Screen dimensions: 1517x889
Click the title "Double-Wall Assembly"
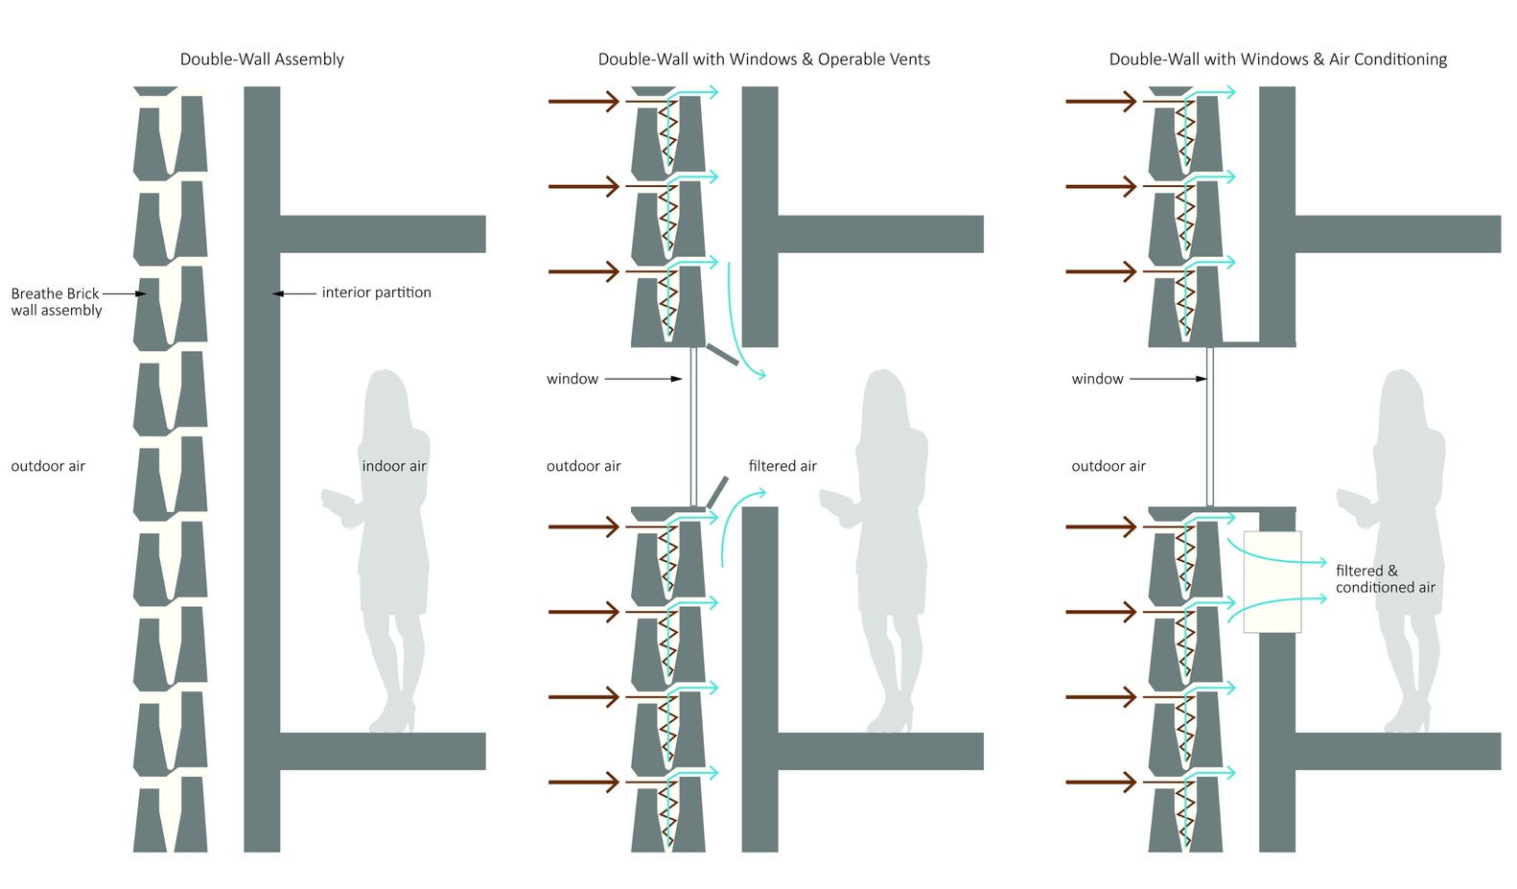click(262, 59)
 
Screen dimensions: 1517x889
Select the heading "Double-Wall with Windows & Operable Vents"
click(764, 59)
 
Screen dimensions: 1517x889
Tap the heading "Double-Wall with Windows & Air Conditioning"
click(1278, 59)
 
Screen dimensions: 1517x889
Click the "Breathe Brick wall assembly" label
click(57, 302)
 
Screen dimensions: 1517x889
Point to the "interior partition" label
click(377, 292)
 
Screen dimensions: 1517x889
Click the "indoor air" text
click(394, 466)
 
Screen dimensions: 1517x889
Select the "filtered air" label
click(782, 466)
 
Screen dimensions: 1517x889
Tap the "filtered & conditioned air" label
click(1385, 579)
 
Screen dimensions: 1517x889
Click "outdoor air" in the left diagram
click(48, 466)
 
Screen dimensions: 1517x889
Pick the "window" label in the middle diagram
click(572, 379)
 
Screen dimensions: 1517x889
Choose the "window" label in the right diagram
click(1097, 379)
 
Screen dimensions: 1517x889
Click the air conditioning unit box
click(1272, 582)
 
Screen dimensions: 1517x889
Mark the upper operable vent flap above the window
click(723, 355)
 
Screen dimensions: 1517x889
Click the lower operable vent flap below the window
click(717, 492)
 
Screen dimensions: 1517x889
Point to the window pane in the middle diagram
click(693, 427)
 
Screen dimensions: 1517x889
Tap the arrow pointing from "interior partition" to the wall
click(294, 293)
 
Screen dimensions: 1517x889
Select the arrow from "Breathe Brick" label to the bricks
click(125, 293)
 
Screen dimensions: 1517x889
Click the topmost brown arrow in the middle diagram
click(584, 102)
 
